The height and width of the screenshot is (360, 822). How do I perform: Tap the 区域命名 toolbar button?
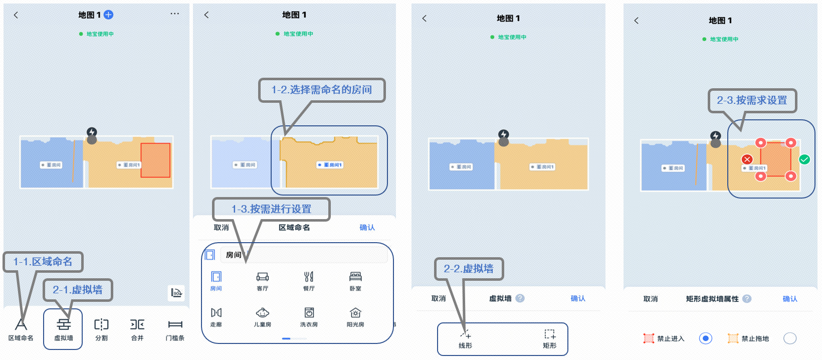click(21, 329)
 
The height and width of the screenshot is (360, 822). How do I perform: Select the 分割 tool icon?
click(101, 325)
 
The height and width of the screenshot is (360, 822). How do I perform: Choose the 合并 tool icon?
click(137, 325)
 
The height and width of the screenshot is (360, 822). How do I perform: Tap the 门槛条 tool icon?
click(175, 325)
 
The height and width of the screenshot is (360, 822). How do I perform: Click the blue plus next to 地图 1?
click(108, 15)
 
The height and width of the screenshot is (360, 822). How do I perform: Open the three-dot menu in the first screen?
click(174, 14)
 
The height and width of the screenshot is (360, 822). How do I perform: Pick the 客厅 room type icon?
click(262, 277)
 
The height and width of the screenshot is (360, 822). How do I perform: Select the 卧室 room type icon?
click(355, 277)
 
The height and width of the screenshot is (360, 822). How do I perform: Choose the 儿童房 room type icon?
click(262, 313)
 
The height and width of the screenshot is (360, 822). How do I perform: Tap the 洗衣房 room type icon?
click(309, 313)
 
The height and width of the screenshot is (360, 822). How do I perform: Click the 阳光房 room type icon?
click(355, 313)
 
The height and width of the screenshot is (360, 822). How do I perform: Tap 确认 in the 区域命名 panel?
click(367, 228)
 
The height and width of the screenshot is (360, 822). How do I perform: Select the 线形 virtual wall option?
click(465, 334)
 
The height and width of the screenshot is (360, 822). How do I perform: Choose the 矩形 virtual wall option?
click(550, 334)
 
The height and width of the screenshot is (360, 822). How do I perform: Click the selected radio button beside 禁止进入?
click(705, 338)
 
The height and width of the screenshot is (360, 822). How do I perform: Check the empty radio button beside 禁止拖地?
click(789, 338)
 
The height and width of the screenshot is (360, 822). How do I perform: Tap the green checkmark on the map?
click(804, 159)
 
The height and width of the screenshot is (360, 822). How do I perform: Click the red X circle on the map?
click(747, 159)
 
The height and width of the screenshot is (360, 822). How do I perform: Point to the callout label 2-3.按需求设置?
click(752, 100)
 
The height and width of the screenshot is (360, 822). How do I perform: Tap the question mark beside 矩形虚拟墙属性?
click(747, 299)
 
